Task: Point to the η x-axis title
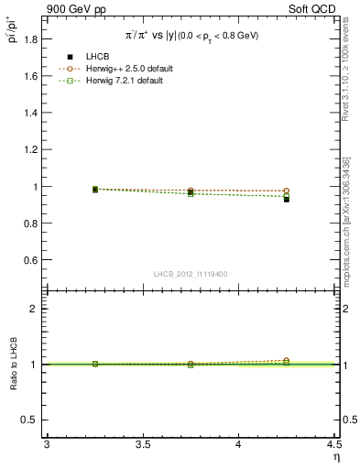point(334,458)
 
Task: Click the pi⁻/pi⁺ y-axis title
point(13,32)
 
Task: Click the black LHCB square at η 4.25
point(287,199)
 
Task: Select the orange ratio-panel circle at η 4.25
point(287,361)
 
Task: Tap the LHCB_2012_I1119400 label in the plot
point(191,275)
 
